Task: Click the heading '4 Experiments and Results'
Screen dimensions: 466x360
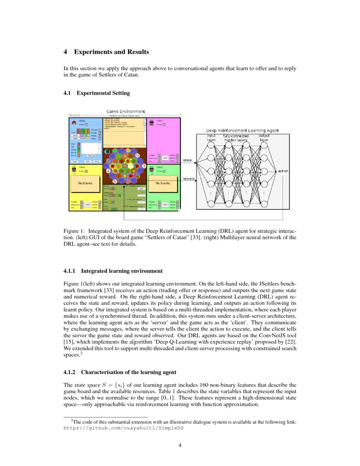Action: [x=106, y=52]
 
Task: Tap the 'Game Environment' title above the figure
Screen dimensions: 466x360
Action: [x=125, y=112]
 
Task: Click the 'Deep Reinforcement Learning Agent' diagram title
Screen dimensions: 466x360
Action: [x=242, y=130]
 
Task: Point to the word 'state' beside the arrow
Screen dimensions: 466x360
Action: [x=187, y=160]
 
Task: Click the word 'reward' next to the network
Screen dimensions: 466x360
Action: [x=188, y=179]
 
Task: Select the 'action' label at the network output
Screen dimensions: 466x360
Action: [x=283, y=171]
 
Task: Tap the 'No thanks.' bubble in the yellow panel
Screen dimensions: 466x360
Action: [x=86, y=183]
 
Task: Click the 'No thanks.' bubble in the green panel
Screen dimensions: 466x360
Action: [x=163, y=183]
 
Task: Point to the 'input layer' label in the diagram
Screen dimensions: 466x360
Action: [x=211, y=138]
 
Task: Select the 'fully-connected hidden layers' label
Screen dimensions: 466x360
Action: [x=236, y=138]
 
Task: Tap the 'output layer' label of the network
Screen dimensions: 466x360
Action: [x=264, y=138]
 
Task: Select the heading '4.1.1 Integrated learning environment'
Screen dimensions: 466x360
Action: [x=113, y=271]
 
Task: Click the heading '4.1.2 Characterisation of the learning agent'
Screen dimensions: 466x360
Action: [x=120, y=372]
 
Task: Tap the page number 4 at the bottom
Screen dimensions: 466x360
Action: [x=180, y=445]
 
